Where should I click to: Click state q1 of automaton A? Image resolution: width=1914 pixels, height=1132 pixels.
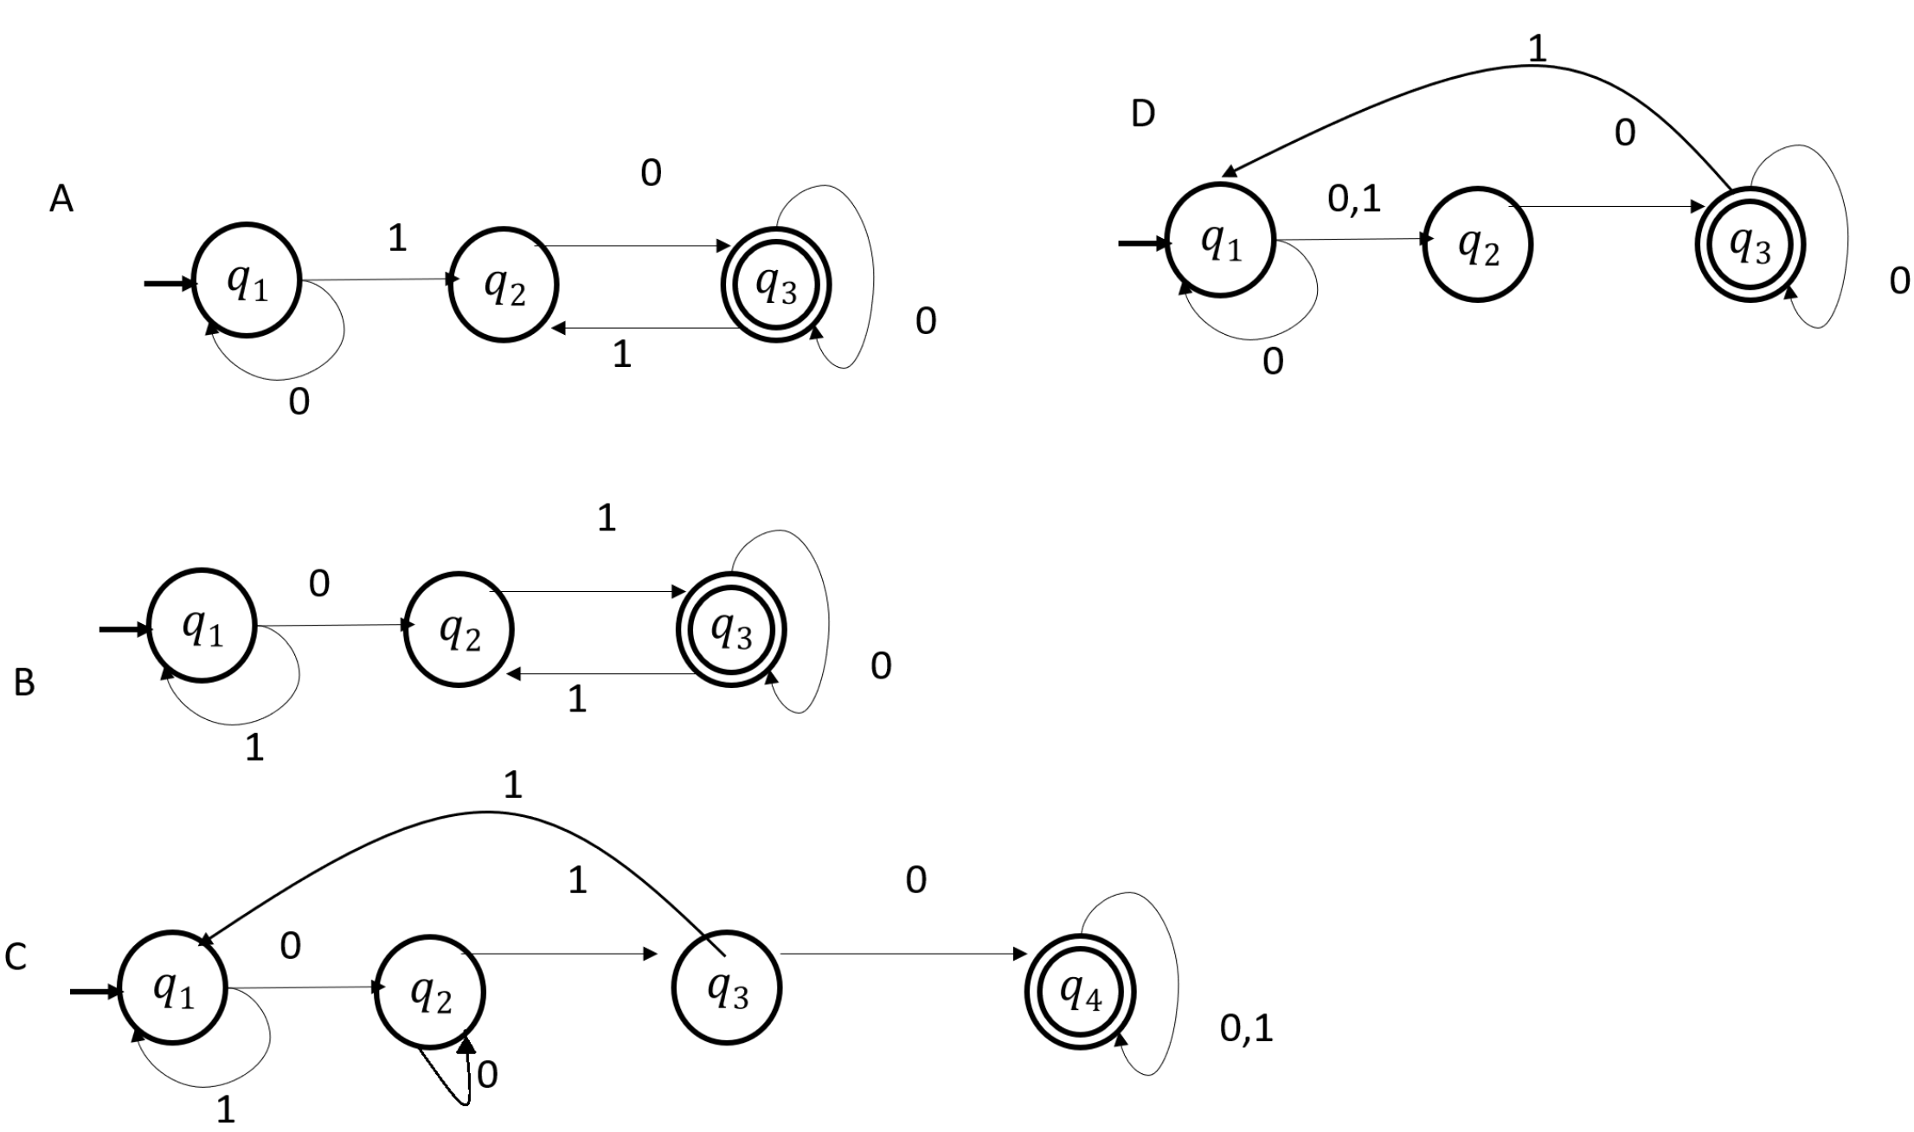[x=247, y=282]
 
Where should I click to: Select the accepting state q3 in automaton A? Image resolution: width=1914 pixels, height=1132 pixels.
[x=776, y=285]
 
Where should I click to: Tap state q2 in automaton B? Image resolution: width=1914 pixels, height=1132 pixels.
[x=459, y=629]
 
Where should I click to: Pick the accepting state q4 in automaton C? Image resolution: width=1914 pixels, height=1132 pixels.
[x=1080, y=992]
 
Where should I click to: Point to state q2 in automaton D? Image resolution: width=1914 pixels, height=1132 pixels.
[x=1478, y=244]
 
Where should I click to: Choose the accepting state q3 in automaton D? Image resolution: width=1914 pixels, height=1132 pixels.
[x=1750, y=244]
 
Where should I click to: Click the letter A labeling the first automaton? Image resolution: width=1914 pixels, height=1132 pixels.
[x=61, y=200]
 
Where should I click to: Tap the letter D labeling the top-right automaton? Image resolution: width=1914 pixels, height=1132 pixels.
[x=1143, y=113]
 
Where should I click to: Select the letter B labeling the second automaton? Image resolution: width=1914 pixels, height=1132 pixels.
[x=24, y=683]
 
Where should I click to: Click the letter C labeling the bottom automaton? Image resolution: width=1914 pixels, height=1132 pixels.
[x=16, y=957]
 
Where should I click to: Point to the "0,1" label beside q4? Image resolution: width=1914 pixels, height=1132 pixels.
[x=1246, y=1028]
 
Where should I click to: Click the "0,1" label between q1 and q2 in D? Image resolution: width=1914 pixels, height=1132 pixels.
[x=1354, y=199]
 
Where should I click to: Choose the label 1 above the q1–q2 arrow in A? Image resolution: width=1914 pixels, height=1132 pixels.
[x=397, y=238]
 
